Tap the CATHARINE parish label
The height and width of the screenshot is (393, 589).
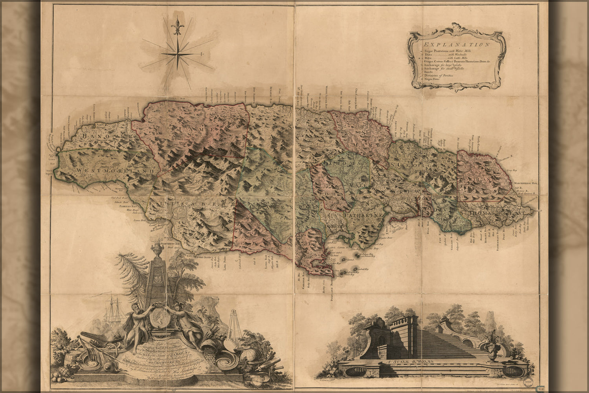363,215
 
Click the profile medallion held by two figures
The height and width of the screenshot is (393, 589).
159,317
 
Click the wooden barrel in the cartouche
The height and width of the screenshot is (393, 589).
62,355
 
